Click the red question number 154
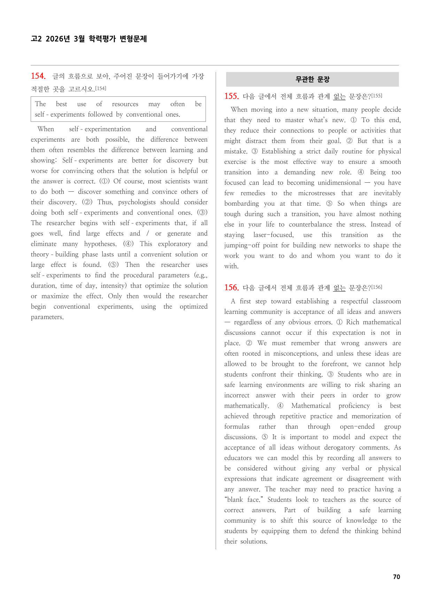[38, 76]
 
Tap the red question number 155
[231, 96]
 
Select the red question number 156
[231, 288]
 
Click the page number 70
[396, 577]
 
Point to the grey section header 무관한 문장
[312, 80]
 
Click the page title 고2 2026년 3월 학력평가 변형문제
[89, 39]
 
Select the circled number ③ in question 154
[202, 213]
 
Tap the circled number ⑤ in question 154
[113, 265]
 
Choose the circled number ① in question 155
[353, 120]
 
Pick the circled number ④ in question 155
[361, 172]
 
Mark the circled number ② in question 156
[249, 343]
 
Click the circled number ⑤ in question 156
[265, 437]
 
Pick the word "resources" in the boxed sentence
[125, 104]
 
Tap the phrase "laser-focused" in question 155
[273, 235]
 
